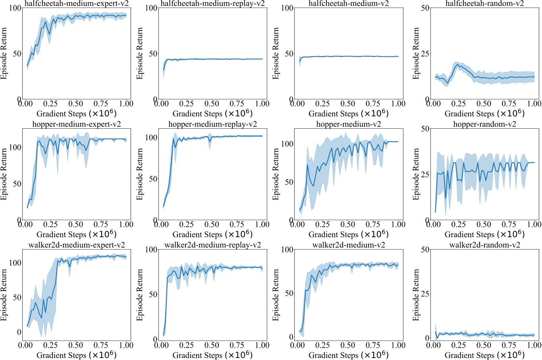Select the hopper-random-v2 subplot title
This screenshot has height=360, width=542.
(x=485, y=124)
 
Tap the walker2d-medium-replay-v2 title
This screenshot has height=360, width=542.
(x=213, y=245)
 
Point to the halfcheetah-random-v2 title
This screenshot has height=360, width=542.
(x=485, y=4)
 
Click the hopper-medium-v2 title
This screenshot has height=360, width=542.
(x=349, y=124)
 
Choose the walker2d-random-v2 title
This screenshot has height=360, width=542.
(x=485, y=245)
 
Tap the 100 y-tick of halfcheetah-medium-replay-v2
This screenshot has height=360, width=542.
(x=151, y=8)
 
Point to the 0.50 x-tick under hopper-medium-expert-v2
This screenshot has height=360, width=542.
(x=76, y=225)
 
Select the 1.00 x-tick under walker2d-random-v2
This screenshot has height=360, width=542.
(x=534, y=345)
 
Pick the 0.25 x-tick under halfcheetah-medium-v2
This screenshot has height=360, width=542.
(x=323, y=104)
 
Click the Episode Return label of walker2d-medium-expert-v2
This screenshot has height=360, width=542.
(x=4, y=294)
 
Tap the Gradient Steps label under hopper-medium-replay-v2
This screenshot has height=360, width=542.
(x=212, y=234)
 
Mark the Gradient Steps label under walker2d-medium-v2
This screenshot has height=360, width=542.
(x=349, y=355)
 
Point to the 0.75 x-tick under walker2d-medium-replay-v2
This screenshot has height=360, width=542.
(x=237, y=345)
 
